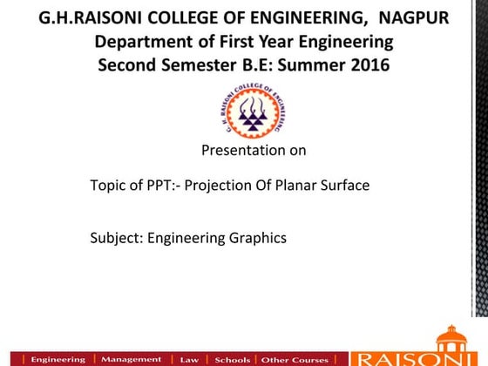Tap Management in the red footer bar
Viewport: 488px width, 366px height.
click(x=131, y=359)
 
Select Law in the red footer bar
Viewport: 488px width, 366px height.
click(x=189, y=359)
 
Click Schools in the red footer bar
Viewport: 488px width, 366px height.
click(x=232, y=359)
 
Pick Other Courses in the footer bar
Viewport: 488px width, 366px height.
click(x=295, y=359)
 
